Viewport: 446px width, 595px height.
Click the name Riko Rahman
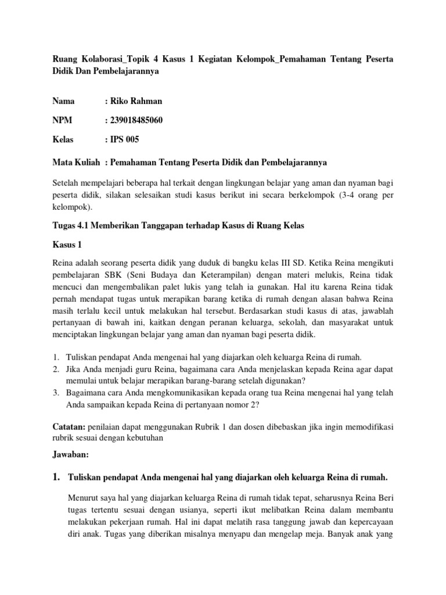coord(136,101)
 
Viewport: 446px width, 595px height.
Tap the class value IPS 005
coord(124,139)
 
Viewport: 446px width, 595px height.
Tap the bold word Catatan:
coord(70,426)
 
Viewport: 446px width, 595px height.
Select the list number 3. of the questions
coord(56,393)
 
